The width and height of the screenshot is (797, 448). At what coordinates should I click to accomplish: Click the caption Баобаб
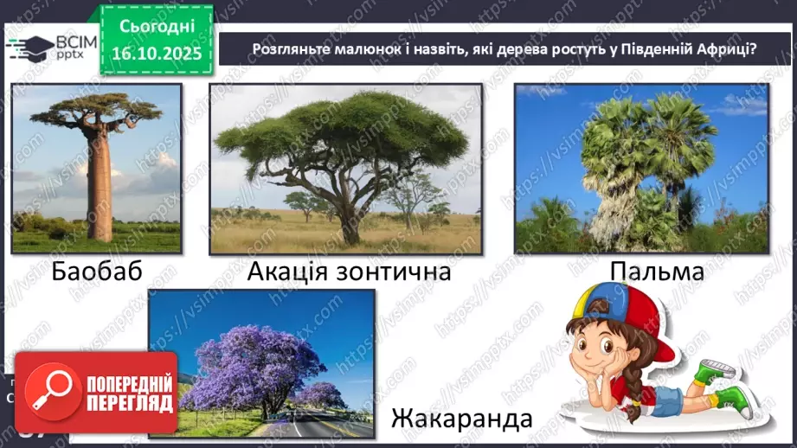click(96, 272)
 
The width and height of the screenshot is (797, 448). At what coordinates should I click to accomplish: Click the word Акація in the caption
click(289, 272)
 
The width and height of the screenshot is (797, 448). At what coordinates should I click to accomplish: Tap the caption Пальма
click(657, 272)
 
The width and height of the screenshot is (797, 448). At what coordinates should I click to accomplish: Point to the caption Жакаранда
click(460, 419)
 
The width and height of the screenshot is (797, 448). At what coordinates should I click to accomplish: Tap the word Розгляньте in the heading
click(289, 48)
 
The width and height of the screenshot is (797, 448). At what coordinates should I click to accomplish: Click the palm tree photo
click(641, 169)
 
